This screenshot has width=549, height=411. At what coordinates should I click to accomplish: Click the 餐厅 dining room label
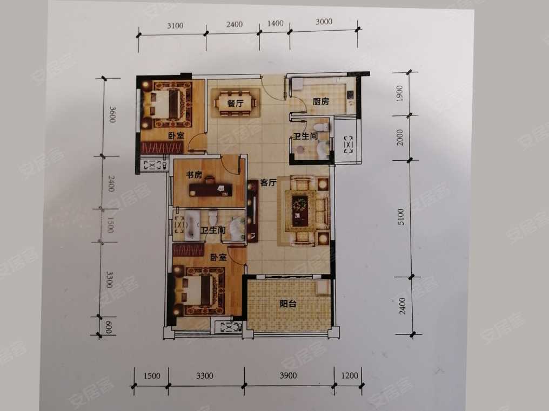click(235, 104)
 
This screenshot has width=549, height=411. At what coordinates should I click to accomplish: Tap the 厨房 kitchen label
click(321, 101)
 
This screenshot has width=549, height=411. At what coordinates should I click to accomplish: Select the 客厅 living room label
click(268, 182)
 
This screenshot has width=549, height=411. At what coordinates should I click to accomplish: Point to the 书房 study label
click(194, 174)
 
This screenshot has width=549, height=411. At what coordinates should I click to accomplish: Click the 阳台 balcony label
click(288, 304)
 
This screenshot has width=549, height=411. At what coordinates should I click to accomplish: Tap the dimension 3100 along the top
click(175, 25)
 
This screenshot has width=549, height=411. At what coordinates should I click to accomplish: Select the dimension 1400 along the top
click(275, 23)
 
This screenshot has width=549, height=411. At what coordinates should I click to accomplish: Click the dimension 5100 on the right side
click(400, 217)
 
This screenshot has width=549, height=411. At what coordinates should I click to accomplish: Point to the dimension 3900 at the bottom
click(288, 376)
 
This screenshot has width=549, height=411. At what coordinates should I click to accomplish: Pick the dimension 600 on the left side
click(109, 327)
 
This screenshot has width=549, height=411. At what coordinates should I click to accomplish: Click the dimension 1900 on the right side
click(399, 93)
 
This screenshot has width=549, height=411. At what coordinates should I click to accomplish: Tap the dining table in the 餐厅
click(235, 103)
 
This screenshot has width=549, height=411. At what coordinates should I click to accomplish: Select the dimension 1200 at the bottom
click(349, 376)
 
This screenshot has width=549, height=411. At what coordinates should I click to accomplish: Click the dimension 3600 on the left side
click(112, 115)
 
